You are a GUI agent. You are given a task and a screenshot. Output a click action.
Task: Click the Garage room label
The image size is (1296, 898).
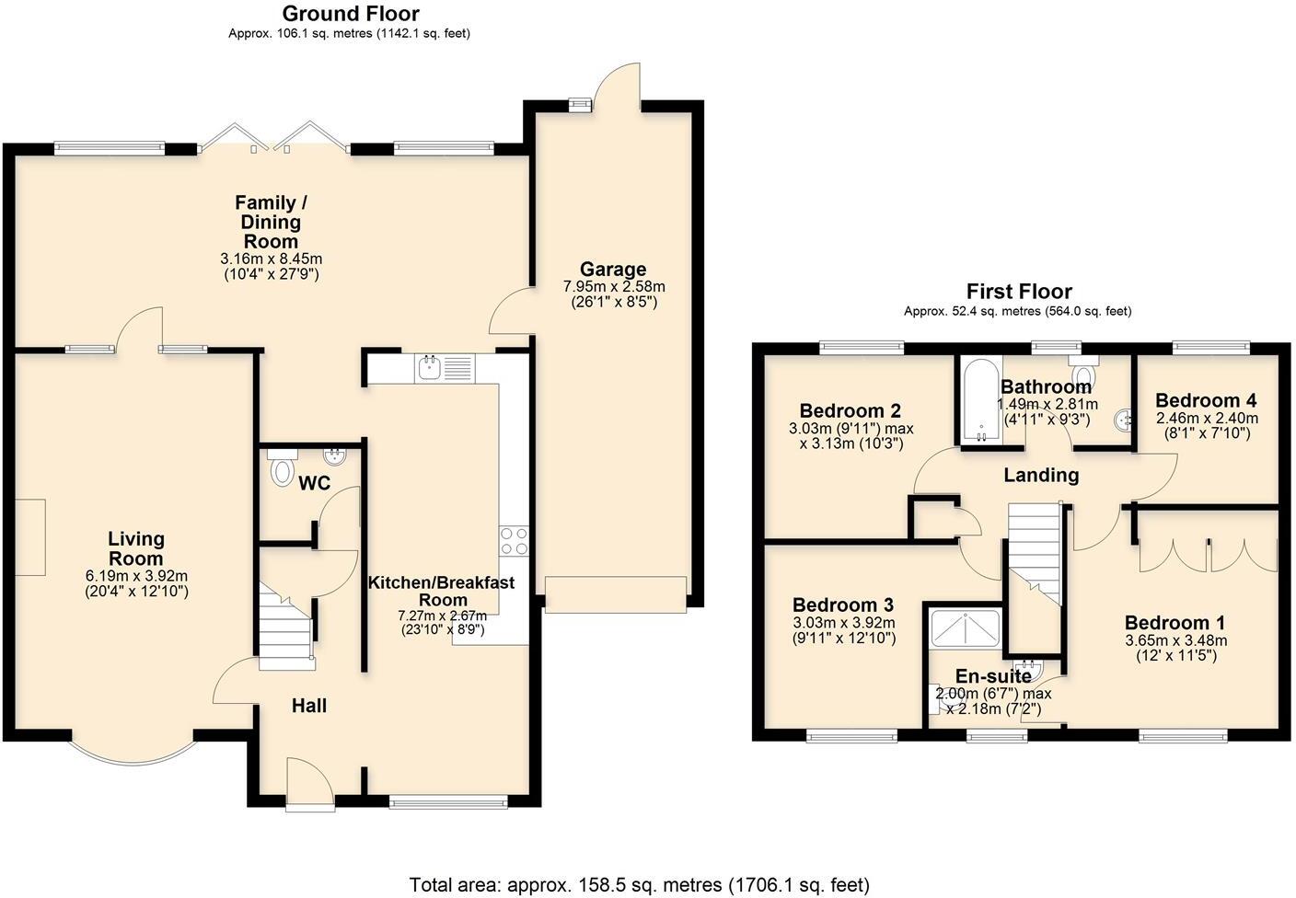612,270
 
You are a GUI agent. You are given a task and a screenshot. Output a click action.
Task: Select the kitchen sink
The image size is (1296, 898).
429,368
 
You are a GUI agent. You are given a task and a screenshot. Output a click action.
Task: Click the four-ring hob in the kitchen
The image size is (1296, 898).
513,540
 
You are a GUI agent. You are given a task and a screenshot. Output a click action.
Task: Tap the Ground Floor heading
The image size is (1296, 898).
350,14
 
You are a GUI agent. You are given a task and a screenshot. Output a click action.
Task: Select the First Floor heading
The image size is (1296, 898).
1018,292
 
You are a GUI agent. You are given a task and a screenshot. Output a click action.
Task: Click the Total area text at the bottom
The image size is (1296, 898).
639,885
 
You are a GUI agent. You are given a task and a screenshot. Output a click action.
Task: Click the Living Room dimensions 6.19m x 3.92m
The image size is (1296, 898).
136,576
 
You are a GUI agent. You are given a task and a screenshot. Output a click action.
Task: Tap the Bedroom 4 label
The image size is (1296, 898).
1206,400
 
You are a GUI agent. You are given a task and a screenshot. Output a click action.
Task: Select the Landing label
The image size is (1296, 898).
1040,475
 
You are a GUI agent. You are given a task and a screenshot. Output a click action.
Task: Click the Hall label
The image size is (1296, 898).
309,706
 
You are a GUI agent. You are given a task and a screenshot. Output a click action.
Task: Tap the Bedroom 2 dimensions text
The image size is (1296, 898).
850,435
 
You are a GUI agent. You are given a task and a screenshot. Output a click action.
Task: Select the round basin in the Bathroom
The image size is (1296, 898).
1124,420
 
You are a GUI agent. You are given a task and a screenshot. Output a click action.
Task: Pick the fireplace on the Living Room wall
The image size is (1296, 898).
29,537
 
